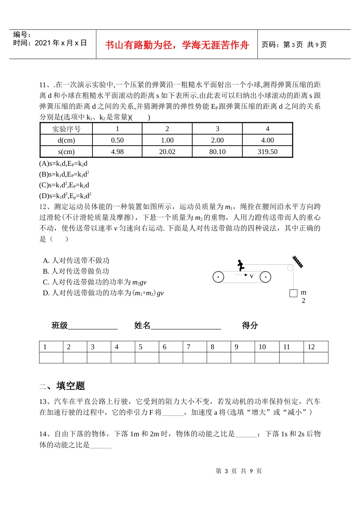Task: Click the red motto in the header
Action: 177,45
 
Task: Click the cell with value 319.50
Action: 267,152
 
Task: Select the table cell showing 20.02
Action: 167,152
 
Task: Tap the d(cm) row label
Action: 66,140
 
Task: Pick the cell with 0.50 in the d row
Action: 117,140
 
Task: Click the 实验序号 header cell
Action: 66,129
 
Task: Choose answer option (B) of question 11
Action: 64,174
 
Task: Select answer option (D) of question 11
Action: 65,196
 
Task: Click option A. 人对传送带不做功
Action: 76,261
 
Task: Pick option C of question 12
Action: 94,282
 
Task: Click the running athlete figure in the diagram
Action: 240,265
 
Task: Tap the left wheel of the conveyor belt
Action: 218,277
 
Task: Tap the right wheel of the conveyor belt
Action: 265,277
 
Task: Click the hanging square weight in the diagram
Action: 293,293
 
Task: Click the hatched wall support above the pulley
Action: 298,262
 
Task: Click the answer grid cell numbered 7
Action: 194,347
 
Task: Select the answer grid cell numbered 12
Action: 316,347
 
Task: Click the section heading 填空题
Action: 70,386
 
